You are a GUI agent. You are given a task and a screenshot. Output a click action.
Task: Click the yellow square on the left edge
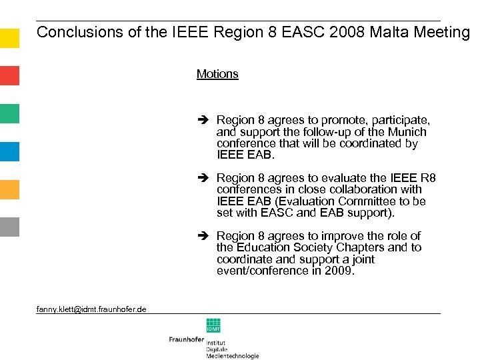point(9,37)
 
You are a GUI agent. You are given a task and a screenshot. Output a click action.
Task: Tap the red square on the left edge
point(9,75)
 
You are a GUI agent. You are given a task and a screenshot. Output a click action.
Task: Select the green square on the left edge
point(9,113)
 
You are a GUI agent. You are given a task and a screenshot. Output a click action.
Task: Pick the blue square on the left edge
point(9,151)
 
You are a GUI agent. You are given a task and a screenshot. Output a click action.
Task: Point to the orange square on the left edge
point(9,189)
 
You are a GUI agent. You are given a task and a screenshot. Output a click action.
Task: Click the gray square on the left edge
point(9,227)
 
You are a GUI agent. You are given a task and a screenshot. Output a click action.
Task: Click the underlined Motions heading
point(217,74)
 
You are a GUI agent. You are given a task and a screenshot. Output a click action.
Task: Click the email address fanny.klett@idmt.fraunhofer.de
point(92,309)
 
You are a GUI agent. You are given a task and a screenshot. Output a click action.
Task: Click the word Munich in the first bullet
point(408,132)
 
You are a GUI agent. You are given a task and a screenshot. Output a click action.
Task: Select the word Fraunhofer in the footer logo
point(186,339)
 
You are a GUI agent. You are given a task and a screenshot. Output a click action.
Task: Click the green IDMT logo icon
point(213,325)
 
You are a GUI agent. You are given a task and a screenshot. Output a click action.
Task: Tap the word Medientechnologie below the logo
point(232,356)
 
